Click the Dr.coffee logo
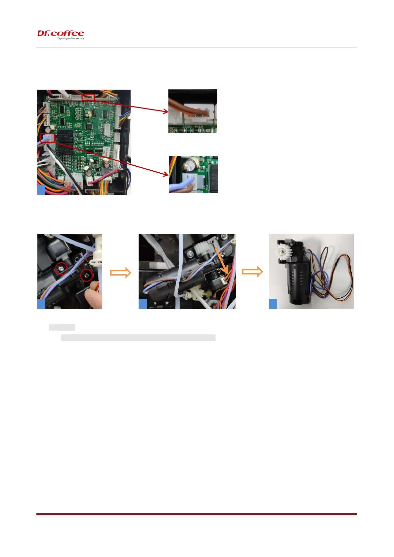[61, 33]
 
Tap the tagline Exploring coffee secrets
[70, 38]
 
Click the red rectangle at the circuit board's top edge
[88, 97]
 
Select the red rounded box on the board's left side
[48, 138]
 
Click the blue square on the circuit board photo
[41, 190]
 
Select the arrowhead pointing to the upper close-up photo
[165, 112]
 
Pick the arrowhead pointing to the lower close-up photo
[166, 174]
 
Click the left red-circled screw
[61, 268]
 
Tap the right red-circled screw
[87, 275]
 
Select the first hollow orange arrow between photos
[120, 273]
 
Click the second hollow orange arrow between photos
[252, 272]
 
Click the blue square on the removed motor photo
[273, 304]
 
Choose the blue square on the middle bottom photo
[143, 304]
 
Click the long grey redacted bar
[139, 337]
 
